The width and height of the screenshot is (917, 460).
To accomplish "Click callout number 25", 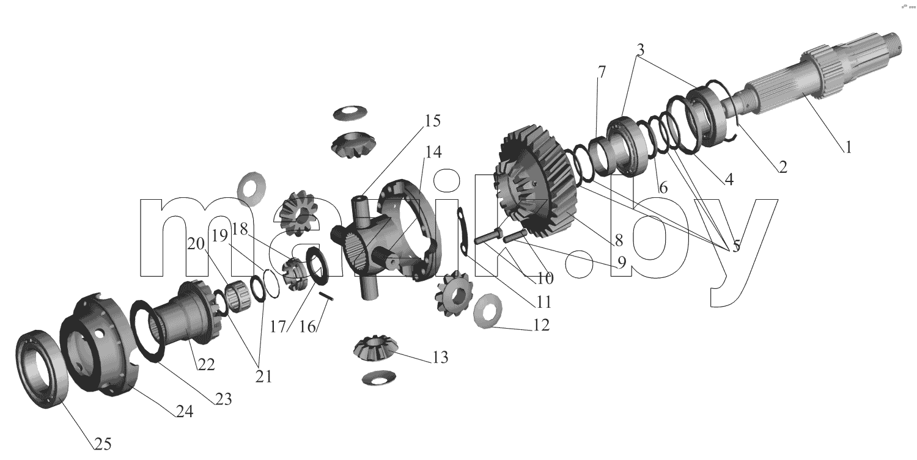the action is (103, 444).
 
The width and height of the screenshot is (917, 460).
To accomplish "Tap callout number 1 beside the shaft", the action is (849, 147).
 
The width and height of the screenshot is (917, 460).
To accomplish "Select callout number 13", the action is (441, 357).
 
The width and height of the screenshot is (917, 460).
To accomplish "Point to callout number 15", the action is (432, 121).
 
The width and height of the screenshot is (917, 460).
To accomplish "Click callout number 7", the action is (601, 72).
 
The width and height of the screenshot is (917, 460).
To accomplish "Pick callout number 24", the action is (185, 411).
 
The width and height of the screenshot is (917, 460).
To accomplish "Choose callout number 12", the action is (541, 325).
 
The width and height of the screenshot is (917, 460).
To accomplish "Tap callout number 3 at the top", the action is (640, 50).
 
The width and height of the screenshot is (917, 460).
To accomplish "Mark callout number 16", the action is (308, 327).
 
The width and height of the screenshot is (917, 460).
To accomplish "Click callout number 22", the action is (206, 365).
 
